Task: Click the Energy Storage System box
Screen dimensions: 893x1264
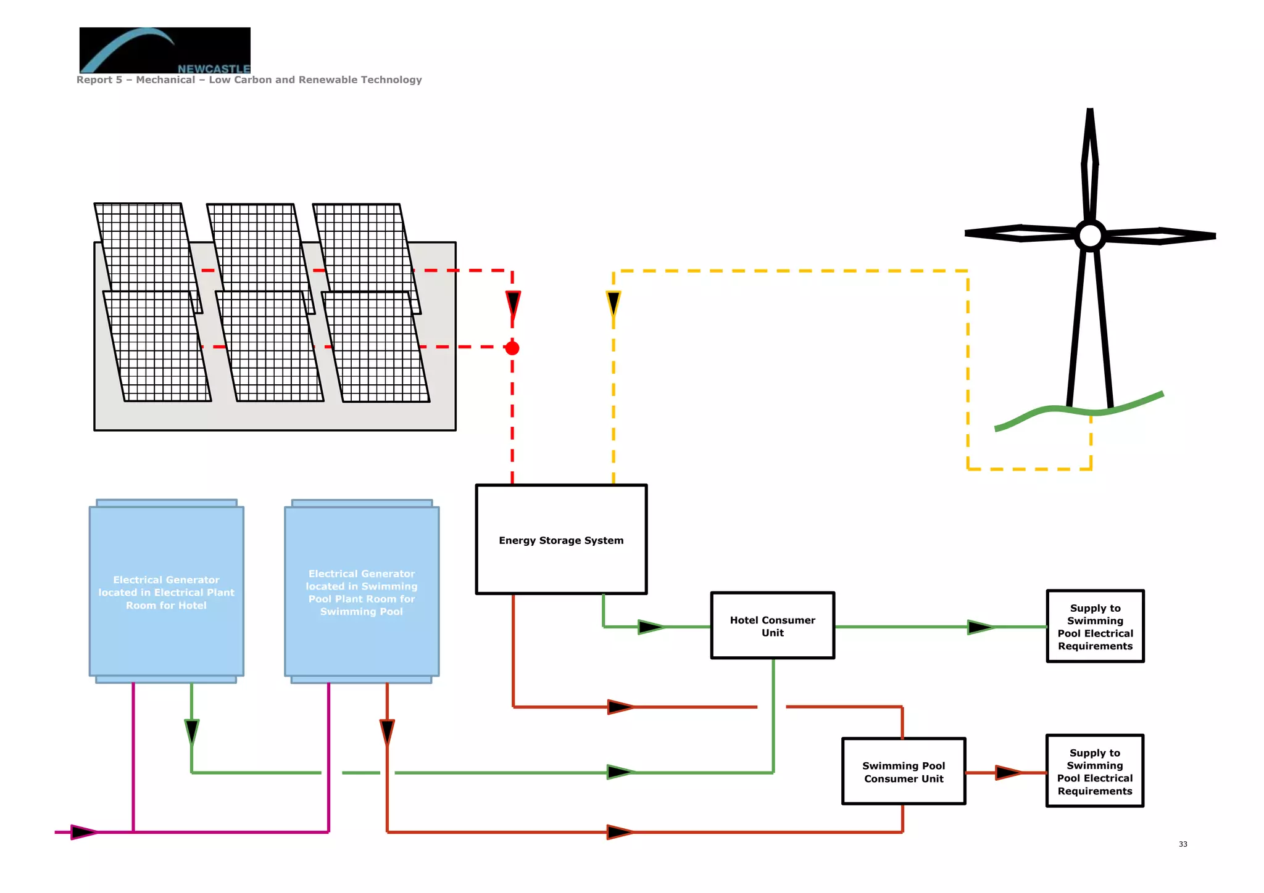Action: (561, 539)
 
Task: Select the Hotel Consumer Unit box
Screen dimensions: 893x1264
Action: (772, 625)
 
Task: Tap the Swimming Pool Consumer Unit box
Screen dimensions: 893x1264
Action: (903, 771)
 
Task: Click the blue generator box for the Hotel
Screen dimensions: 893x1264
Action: (166, 591)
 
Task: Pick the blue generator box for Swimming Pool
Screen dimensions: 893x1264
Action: (362, 591)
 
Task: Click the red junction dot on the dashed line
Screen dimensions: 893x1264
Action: (512, 348)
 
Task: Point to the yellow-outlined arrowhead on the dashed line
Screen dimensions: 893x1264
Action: (613, 303)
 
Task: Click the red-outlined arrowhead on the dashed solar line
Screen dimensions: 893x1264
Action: (513, 303)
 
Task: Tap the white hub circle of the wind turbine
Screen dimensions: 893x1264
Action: (1090, 235)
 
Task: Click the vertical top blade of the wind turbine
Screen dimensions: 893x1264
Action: (1090, 163)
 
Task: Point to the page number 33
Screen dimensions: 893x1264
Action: (1183, 844)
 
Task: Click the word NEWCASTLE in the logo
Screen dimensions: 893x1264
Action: (214, 68)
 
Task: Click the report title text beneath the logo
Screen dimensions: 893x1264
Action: (249, 80)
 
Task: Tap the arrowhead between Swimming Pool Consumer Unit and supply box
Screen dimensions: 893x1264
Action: (1008, 772)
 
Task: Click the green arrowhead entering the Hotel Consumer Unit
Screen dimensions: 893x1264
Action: (651, 627)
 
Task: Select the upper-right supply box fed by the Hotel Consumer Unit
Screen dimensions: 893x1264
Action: (1095, 626)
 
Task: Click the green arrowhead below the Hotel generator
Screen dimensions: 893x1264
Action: (192, 731)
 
